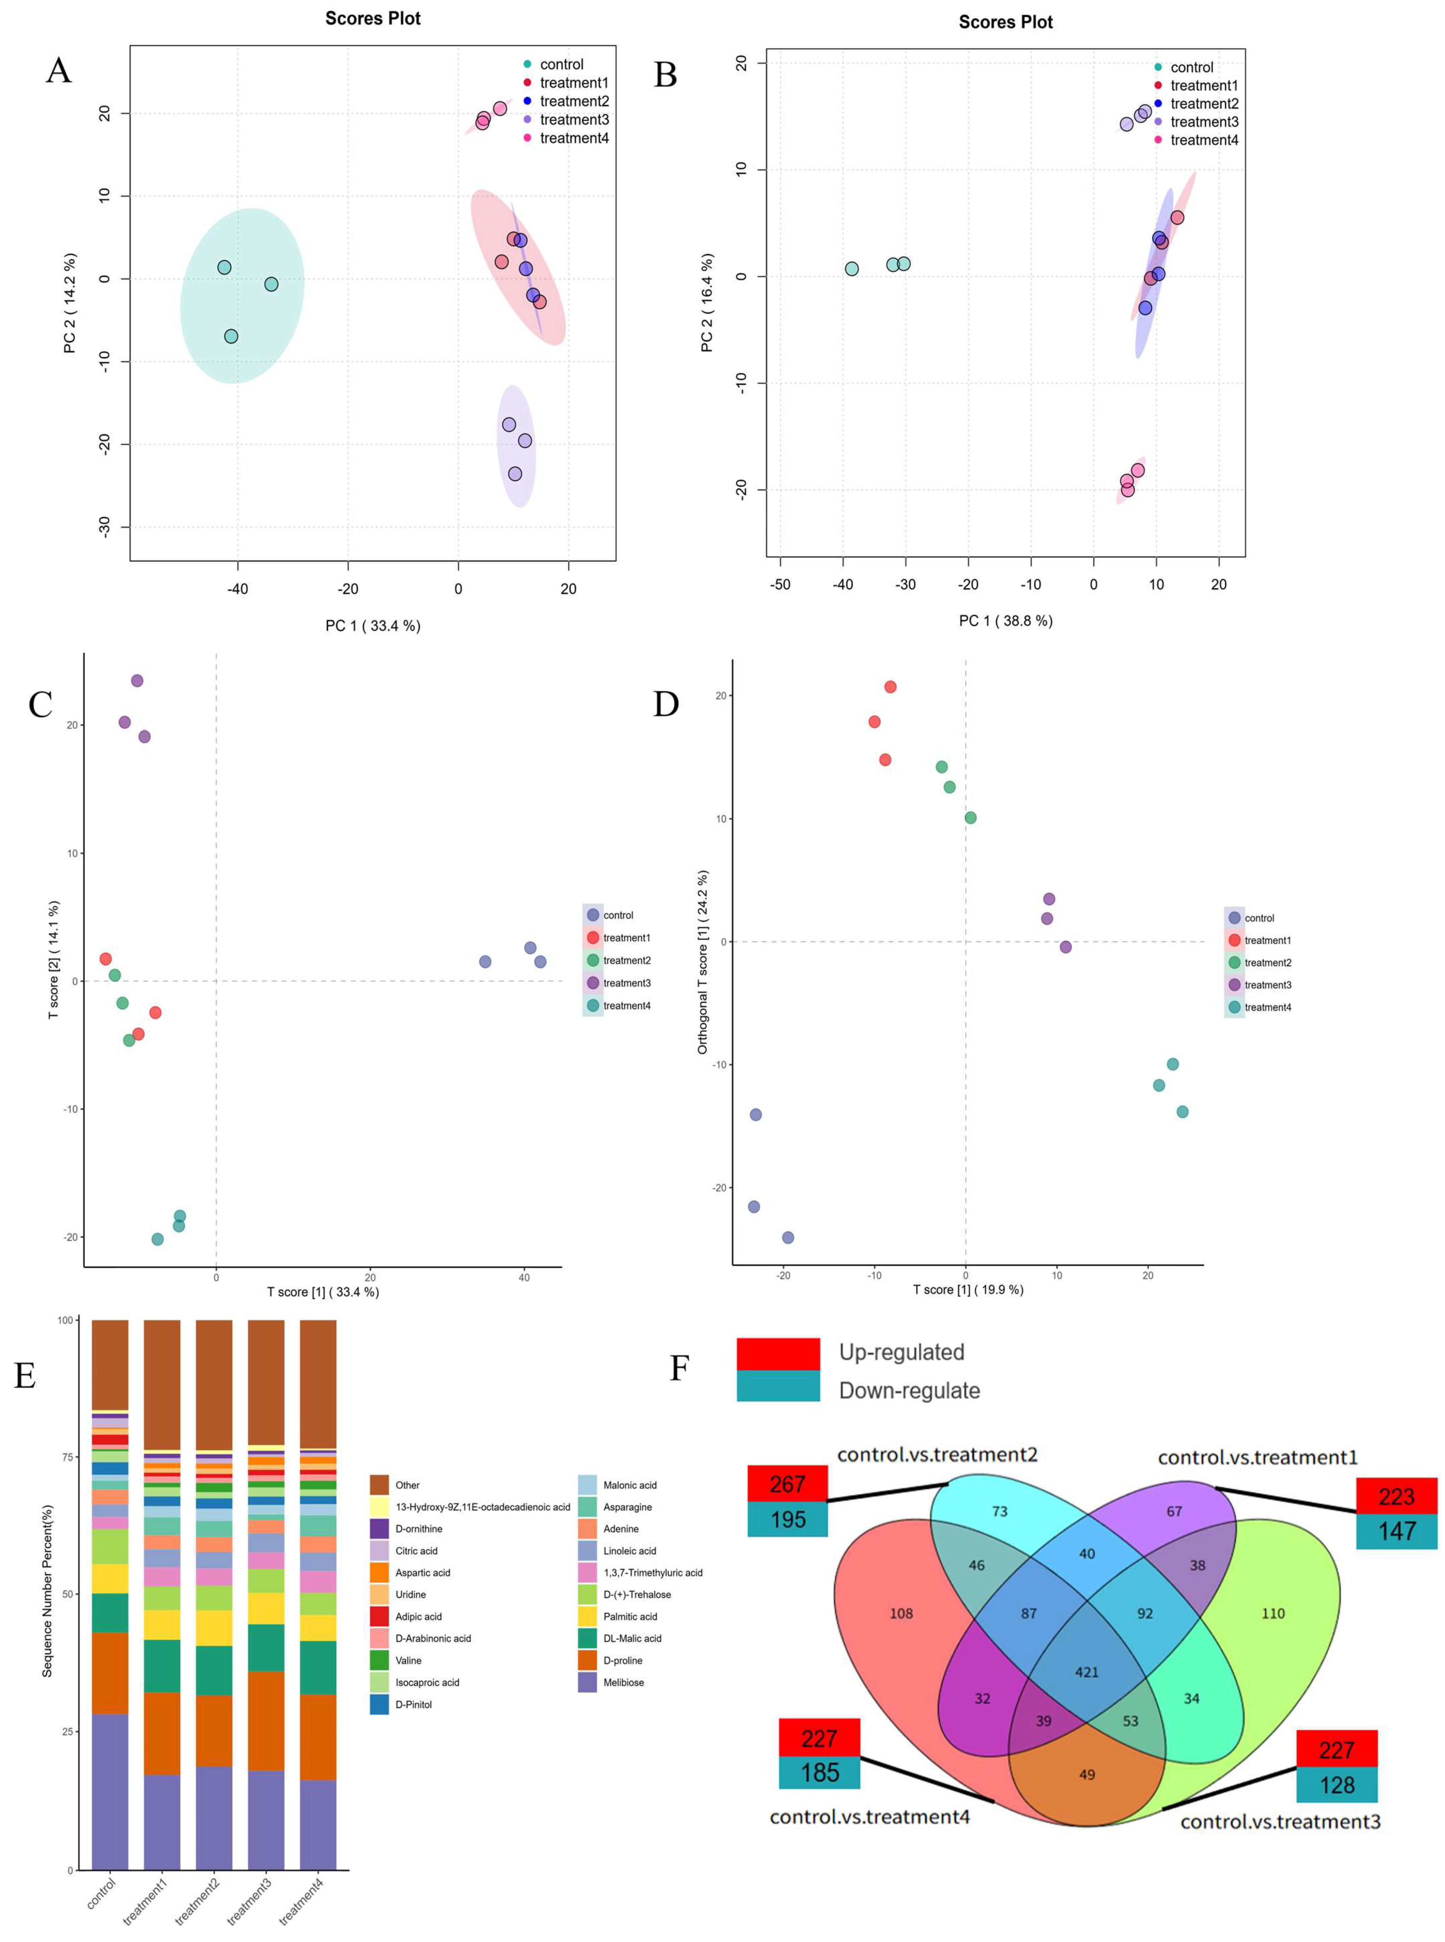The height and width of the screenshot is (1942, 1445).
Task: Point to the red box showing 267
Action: (787, 1484)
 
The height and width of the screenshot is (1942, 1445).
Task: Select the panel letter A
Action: (58, 70)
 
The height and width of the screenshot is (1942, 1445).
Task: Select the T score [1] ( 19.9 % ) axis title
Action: (967, 1289)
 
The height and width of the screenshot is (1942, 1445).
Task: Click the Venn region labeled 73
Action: (1000, 1511)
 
